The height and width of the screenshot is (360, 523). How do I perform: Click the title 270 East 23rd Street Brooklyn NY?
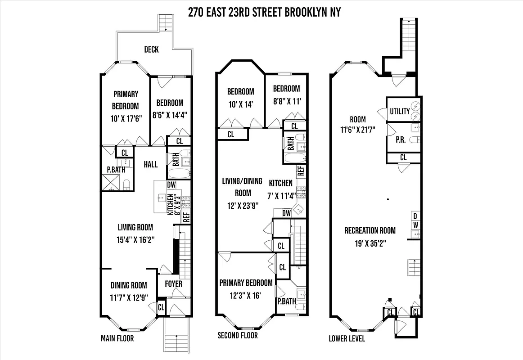point(264,12)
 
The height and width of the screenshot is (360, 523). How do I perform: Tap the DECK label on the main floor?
point(151,49)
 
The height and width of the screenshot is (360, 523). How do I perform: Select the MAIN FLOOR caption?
point(117,338)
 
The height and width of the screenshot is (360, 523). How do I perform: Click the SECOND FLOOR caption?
point(238,335)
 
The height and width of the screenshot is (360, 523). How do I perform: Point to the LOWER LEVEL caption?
point(347,338)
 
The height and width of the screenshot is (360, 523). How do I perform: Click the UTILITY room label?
point(400,112)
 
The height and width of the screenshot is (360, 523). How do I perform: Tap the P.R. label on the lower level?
point(401,140)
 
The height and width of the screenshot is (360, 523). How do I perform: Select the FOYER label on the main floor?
point(173,284)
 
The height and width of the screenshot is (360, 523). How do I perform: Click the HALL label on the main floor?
point(150,164)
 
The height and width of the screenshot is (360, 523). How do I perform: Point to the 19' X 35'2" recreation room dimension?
point(370,243)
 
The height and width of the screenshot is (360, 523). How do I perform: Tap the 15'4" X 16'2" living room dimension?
point(135,239)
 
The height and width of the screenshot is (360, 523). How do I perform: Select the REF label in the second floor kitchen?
point(301,171)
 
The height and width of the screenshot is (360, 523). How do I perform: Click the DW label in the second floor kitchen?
point(286,213)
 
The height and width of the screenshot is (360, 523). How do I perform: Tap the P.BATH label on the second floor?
point(286,301)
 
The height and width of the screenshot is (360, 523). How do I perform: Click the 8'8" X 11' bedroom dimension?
point(286,101)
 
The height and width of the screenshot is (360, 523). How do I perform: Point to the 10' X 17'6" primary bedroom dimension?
point(126,119)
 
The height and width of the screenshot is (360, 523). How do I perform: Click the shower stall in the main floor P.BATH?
point(111,182)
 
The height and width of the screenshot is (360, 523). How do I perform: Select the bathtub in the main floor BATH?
point(179,173)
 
